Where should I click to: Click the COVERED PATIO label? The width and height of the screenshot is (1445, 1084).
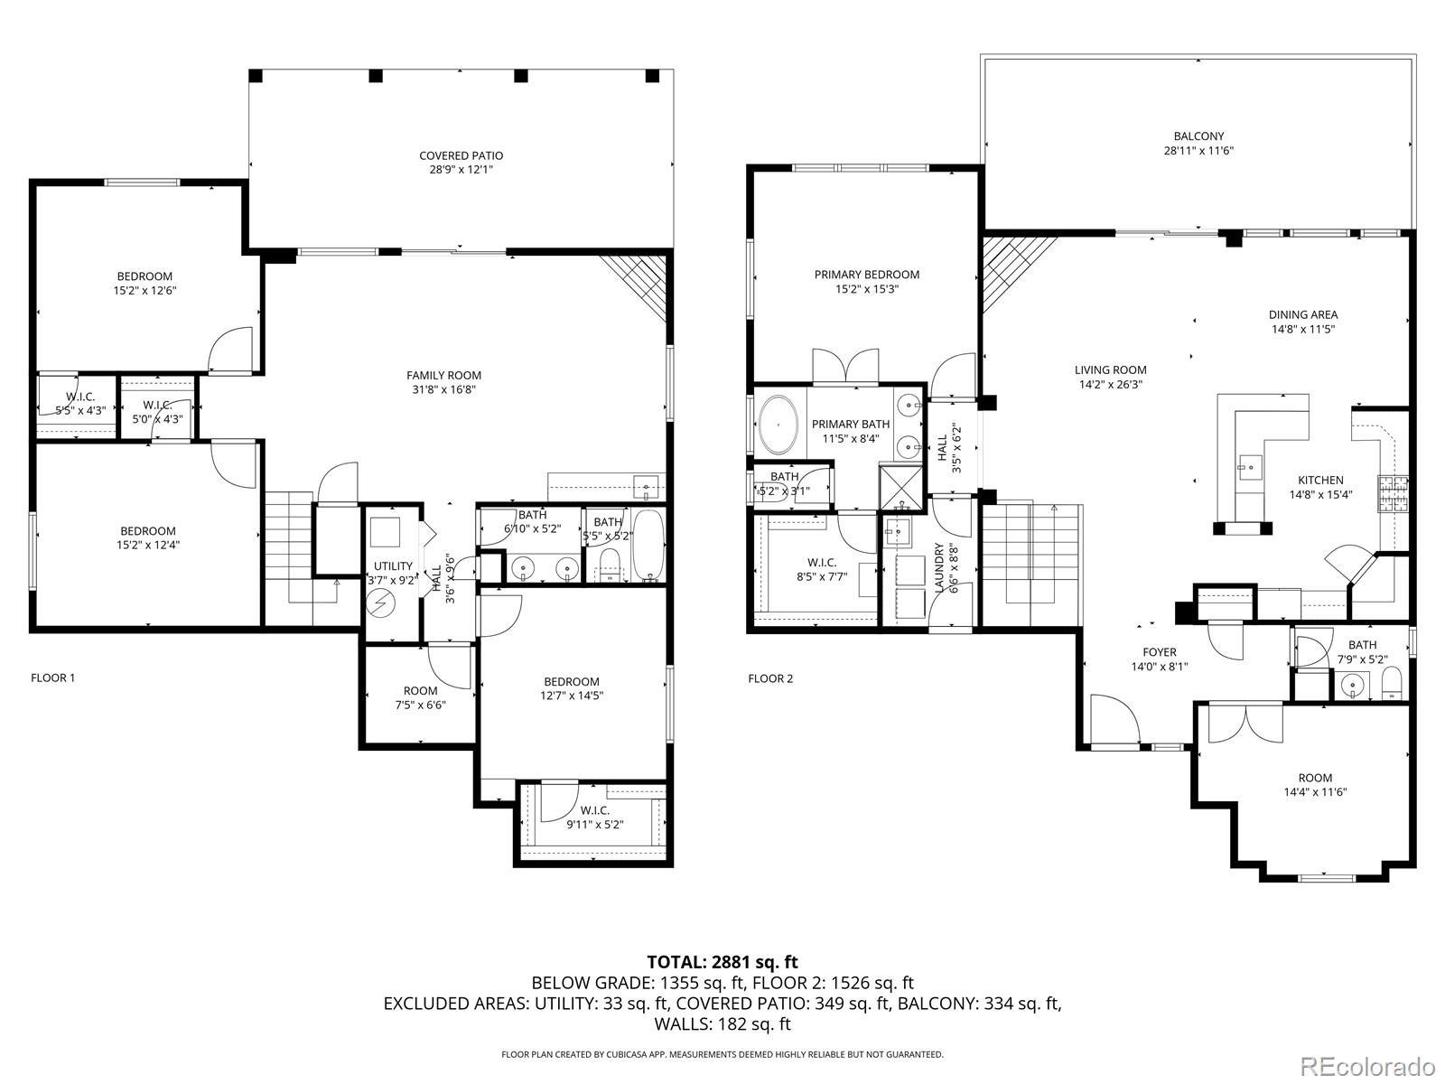click(461, 156)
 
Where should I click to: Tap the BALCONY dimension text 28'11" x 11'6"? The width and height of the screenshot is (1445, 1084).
click(1198, 151)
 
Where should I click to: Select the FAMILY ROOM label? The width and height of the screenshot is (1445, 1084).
click(443, 376)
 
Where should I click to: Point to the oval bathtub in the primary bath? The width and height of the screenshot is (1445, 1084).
click(779, 424)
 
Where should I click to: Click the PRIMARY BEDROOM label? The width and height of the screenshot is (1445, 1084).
click(866, 276)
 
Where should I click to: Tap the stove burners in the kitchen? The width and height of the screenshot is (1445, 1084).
click(1393, 494)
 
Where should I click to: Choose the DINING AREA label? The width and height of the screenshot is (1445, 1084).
click(1303, 315)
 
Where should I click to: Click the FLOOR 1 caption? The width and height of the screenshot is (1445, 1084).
click(52, 677)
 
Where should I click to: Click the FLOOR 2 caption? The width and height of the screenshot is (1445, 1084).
click(770, 678)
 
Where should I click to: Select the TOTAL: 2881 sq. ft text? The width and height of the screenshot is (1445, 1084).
click(722, 962)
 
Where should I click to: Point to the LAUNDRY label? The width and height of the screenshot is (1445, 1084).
click(939, 567)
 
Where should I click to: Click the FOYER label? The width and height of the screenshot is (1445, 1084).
click(1160, 652)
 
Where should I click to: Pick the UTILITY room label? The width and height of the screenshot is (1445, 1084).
click(393, 566)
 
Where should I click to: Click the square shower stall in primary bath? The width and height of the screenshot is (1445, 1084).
click(901, 488)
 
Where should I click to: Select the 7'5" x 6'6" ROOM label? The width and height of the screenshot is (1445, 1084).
click(420, 697)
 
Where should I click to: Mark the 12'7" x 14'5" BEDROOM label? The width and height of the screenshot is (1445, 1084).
click(572, 688)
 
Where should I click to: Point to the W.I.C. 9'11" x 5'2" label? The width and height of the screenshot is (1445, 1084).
click(594, 818)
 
